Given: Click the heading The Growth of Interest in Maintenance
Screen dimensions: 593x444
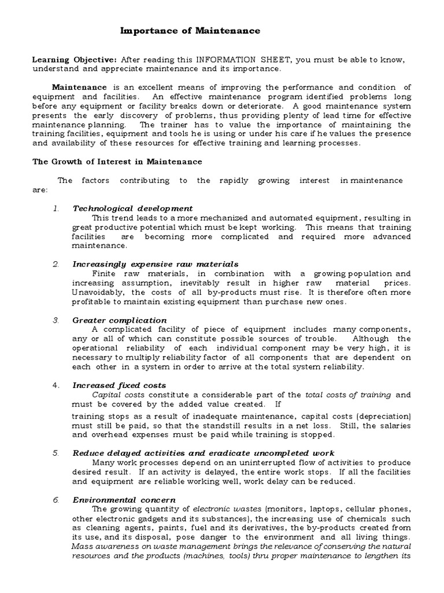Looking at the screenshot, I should coord(117,162).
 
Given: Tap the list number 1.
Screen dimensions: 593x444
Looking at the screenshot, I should coord(56,208).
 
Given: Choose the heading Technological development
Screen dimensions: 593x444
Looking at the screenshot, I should coord(132,208).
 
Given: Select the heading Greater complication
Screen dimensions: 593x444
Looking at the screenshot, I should coord(119,320).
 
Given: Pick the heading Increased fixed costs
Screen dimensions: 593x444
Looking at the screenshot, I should coord(119,385).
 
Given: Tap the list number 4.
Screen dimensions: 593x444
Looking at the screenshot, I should coord(56,385).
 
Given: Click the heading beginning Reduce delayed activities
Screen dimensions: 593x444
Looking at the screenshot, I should coord(203,453).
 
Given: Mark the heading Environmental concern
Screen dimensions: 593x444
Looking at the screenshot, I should coord(124,500).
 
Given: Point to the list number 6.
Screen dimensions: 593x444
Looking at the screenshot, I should coord(56,500).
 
